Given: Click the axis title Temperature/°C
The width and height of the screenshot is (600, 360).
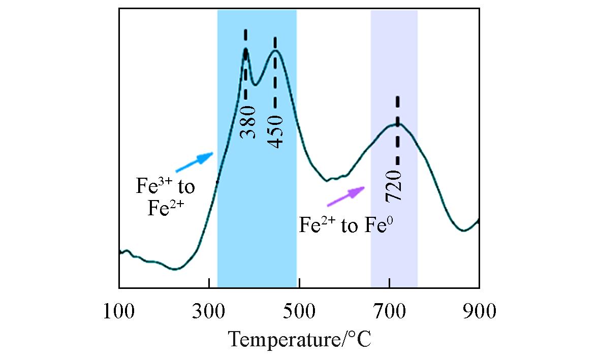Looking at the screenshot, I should (299, 338).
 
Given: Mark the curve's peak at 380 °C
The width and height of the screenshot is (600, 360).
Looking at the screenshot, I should (246, 49).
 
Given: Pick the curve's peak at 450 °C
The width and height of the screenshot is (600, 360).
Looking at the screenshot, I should (275, 50).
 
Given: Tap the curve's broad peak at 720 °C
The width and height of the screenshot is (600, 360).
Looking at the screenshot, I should (397, 124).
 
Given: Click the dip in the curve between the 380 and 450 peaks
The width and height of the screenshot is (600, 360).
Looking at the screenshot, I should (256, 84).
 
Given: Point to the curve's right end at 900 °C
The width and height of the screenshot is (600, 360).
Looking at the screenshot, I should (478, 220).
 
